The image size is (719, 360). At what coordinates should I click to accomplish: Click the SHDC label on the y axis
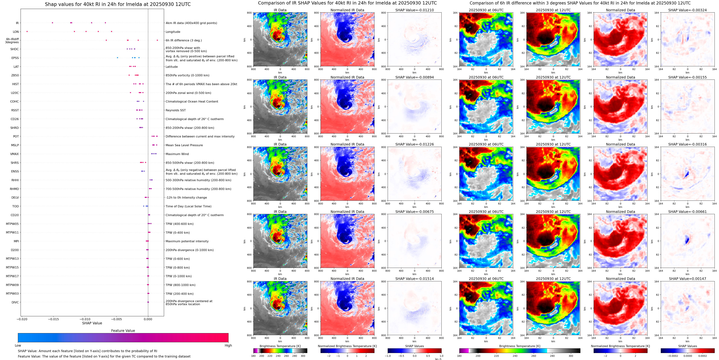pyautogui.click(x=15, y=49)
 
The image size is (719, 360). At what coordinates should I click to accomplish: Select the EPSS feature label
pyautogui.click(x=15, y=58)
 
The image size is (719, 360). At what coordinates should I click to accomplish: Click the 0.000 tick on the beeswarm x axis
pyautogui.click(x=148, y=319)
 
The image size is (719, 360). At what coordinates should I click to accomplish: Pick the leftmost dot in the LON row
pyautogui.click(x=27, y=32)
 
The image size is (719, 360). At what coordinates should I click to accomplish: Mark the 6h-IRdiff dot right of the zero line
pyautogui.click(x=157, y=40)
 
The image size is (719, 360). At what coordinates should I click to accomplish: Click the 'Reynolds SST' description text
pyautogui.click(x=175, y=110)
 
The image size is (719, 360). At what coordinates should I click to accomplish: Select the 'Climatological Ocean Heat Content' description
pyautogui.click(x=192, y=102)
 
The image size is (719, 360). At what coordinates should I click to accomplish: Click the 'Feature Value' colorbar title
pyautogui.click(x=123, y=331)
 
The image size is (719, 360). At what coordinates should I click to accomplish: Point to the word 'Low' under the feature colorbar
pyautogui.click(x=18, y=345)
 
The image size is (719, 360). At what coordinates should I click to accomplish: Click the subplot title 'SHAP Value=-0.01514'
pyautogui.click(x=415, y=279)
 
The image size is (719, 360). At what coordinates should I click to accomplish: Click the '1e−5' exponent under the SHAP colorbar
pyautogui.click(x=438, y=359)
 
